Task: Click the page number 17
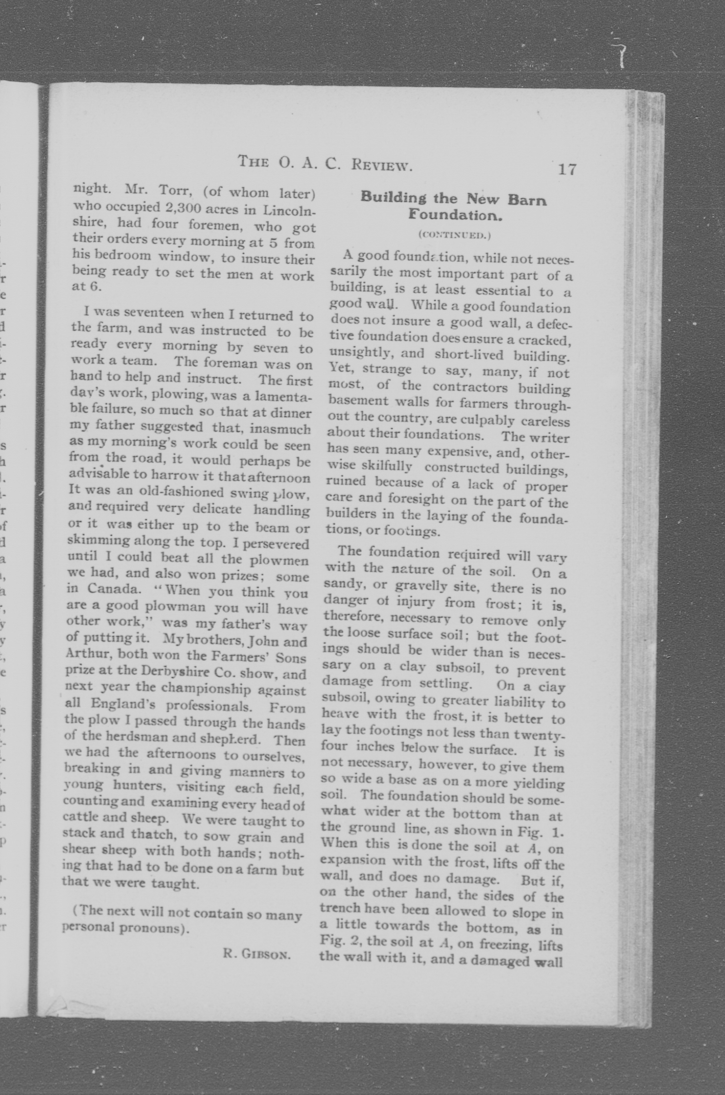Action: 567,169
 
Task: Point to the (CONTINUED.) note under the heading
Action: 454,235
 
